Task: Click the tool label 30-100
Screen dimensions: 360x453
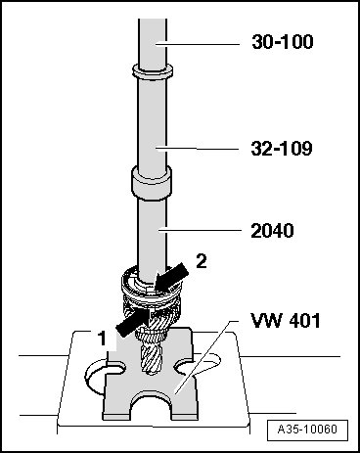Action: (283, 42)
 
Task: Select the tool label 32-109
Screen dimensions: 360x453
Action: (282, 149)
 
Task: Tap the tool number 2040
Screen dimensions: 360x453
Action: (272, 231)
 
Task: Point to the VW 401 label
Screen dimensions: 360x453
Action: (286, 320)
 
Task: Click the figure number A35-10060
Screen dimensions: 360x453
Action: (307, 429)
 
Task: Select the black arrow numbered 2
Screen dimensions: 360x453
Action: (172, 278)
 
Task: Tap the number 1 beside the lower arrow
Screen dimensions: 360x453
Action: (103, 339)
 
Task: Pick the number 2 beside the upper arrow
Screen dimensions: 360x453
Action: (202, 261)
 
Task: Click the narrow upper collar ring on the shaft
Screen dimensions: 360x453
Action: (153, 71)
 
